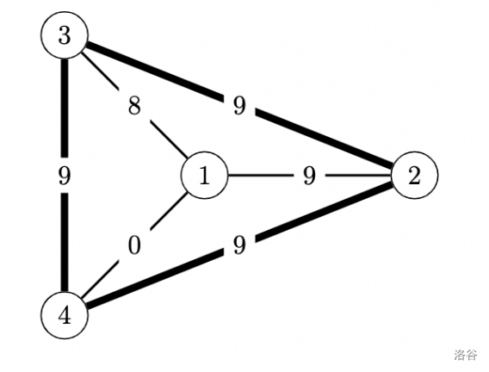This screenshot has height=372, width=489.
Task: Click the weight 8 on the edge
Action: (134, 106)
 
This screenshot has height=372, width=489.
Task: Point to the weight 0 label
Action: (134, 245)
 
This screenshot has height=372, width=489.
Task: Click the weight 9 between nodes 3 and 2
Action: (239, 106)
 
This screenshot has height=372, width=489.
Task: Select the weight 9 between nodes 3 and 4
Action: (65, 176)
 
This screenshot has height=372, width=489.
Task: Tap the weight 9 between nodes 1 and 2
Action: (309, 176)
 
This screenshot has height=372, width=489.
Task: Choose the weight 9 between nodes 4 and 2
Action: (239, 245)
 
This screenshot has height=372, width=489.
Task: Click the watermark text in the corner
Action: (465, 355)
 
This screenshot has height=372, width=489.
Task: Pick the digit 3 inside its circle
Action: (65, 35)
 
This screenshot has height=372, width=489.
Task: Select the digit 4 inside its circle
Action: (65, 315)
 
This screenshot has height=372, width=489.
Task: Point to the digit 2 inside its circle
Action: (414, 176)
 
